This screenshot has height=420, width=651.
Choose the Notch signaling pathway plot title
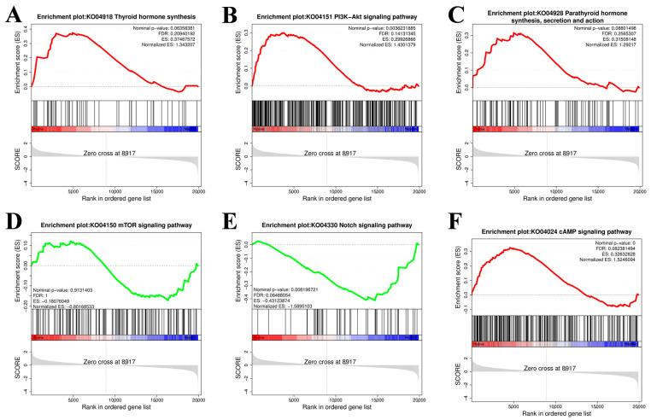(336, 225)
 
